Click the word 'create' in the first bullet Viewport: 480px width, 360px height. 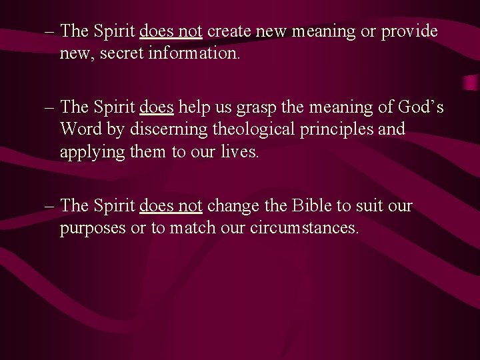click(229, 31)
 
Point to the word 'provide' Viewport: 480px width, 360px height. click(409, 31)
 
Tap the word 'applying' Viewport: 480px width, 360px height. click(89, 151)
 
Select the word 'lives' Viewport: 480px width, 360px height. click(238, 151)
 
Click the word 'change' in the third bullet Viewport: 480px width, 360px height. click(232, 206)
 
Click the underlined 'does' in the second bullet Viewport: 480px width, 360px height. click(157, 107)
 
